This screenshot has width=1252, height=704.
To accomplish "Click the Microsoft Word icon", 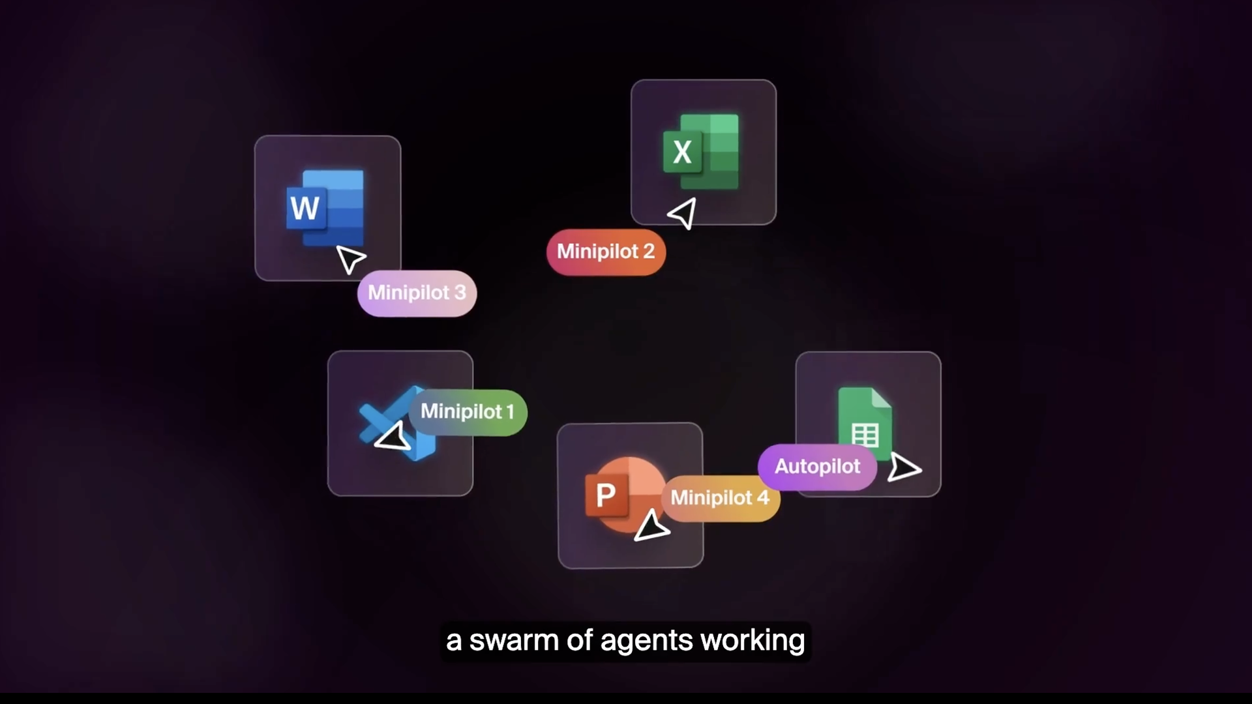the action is [325, 207].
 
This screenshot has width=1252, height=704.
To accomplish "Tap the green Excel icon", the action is [702, 151].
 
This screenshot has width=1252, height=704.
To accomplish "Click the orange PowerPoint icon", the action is [619, 494].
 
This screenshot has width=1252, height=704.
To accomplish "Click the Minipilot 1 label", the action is [468, 412].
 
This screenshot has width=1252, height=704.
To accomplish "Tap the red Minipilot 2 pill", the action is [606, 252].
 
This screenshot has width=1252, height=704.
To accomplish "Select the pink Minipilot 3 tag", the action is [417, 293].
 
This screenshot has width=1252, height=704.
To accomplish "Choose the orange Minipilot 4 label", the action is [720, 498].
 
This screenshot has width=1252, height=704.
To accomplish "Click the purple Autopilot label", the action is [817, 467].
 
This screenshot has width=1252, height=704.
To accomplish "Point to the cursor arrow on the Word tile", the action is [350, 259].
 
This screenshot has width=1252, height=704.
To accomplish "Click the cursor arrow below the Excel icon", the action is [683, 213].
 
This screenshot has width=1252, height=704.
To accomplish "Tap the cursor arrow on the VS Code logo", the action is [393, 437].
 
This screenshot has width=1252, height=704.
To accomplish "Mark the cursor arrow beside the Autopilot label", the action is [903, 467].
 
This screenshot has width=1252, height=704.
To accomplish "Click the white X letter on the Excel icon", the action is [682, 153].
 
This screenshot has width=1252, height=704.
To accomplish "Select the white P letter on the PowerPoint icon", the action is [606, 496].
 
